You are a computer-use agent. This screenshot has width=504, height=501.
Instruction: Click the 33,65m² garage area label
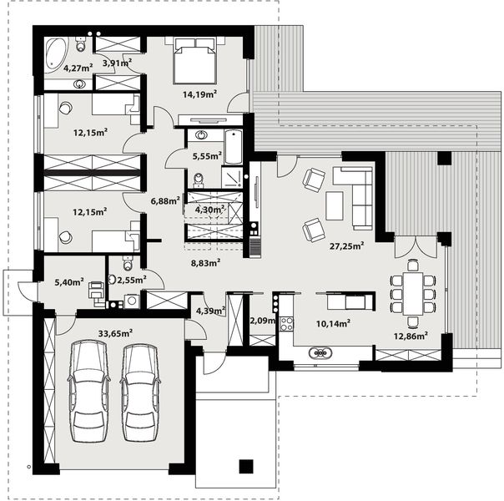pyautogui.click(x=115, y=331)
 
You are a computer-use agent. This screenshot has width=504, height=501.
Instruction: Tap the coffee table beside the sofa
pyautogui.click(x=334, y=205)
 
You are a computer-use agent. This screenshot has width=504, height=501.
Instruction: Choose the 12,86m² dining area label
pyautogui.click(x=411, y=336)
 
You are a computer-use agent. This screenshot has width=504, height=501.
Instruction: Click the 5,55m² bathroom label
pyautogui.click(x=206, y=155)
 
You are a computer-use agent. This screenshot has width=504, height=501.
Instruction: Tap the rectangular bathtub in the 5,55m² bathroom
pyautogui.click(x=234, y=148)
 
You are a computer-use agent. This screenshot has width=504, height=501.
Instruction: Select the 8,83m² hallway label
pyautogui.click(x=205, y=262)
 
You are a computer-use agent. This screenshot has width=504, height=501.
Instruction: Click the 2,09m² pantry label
pyautogui.click(x=263, y=321)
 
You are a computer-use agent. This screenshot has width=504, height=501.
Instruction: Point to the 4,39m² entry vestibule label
pyautogui.click(x=209, y=311)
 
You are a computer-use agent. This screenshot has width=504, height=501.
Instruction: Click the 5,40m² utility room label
pyautogui.click(x=68, y=282)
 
